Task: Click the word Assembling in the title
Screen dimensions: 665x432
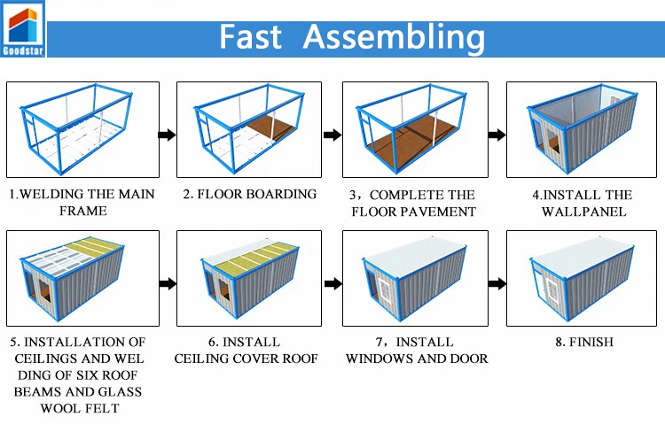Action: [394, 37]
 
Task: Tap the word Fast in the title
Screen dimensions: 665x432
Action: [250, 37]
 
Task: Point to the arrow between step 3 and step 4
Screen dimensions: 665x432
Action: [497, 135]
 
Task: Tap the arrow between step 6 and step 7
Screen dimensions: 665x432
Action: [332, 284]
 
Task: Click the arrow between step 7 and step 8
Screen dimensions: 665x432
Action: [497, 284]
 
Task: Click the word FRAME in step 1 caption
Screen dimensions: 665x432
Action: [82, 211]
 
